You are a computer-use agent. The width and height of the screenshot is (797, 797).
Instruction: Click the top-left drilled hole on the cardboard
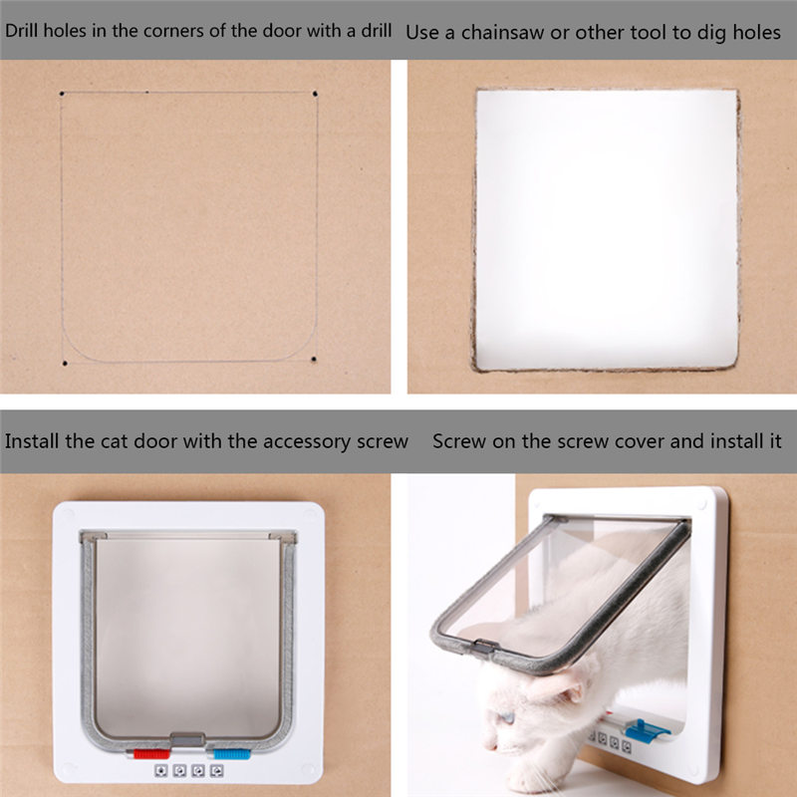62,96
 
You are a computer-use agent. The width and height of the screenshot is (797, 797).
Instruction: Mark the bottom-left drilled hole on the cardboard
64,363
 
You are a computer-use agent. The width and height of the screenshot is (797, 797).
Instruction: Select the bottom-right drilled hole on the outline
314,358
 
